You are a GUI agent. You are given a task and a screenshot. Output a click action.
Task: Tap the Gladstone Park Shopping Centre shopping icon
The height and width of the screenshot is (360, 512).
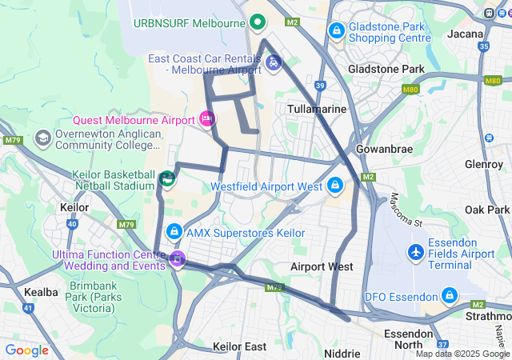(x=337, y=31)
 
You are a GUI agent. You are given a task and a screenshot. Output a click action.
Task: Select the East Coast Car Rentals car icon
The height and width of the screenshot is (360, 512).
(x=274, y=62)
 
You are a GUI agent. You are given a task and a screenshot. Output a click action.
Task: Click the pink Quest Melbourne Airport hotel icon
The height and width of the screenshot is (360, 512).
(x=207, y=119)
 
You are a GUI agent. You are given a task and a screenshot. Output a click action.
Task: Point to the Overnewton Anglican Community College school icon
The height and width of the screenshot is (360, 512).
(x=42, y=138)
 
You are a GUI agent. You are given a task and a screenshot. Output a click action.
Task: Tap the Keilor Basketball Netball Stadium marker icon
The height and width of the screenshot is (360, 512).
(x=167, y=178)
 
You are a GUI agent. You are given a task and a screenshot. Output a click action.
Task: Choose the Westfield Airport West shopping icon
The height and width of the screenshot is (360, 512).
(x=335, y=186)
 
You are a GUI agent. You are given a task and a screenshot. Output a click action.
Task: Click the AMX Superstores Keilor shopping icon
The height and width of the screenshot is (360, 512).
(x=174, y=232)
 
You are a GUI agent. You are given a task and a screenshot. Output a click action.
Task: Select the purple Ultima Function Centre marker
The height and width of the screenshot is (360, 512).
(x=177, y=259)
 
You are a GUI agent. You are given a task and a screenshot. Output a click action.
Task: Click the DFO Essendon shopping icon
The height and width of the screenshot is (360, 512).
(x=449, y=296)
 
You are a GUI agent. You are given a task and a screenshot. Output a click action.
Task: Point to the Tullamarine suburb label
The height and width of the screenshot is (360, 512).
(x=317, y=108)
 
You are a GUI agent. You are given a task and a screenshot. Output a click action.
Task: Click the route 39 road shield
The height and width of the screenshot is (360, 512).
(x=320, y=85)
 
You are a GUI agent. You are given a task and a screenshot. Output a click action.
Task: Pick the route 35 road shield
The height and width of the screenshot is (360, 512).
(x=483, y=46)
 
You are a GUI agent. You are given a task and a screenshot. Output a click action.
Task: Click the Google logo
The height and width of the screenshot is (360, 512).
(x=26, y=350)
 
